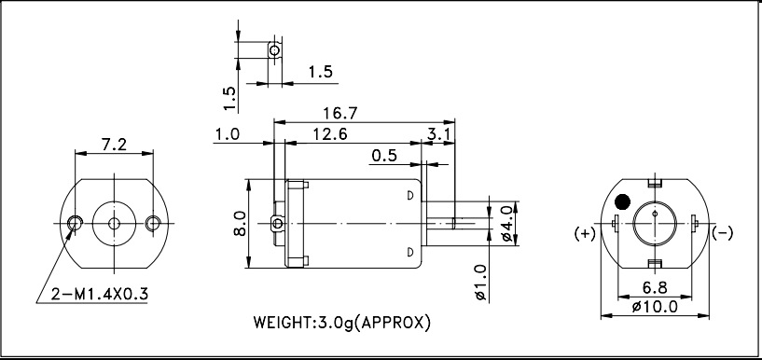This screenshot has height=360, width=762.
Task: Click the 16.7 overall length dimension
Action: pos(340,113)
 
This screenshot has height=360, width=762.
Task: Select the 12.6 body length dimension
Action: pos(330,134)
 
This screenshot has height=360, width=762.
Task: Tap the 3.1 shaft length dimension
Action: pos(441,134)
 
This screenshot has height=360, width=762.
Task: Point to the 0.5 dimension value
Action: pos(384,156)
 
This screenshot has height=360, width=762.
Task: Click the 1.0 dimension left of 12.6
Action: pos(227,134)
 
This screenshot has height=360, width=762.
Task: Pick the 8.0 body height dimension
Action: pos(240,224)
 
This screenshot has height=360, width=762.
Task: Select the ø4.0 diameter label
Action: pos(506,224)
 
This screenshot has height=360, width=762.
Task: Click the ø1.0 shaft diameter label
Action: pos(480,283)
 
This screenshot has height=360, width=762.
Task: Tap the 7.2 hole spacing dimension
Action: pos(114,145)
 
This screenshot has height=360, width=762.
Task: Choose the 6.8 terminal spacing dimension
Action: pos(655,288)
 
